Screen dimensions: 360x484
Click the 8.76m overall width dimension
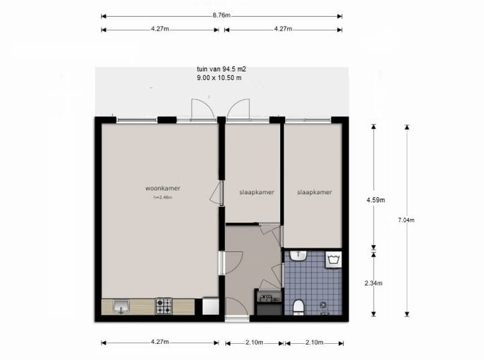tap(221, 15)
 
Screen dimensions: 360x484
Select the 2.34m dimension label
tap(374, 283)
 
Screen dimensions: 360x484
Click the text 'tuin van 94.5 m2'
tap(218, 69)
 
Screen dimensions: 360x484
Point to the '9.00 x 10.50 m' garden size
tap(218, 77)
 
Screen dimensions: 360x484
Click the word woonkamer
tap(162, 189)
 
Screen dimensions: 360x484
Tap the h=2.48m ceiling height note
tap(163, 197)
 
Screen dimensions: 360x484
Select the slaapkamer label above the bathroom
tap(315, 192)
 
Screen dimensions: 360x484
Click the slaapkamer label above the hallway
tap(257, 192)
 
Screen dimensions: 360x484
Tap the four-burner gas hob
tap(164, 306)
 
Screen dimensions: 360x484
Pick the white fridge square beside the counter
tap(210, 306)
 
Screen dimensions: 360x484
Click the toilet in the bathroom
tap(298, 306)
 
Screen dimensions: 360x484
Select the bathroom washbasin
tap(300, 257)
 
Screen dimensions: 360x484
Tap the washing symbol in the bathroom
tap(333, 259)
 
